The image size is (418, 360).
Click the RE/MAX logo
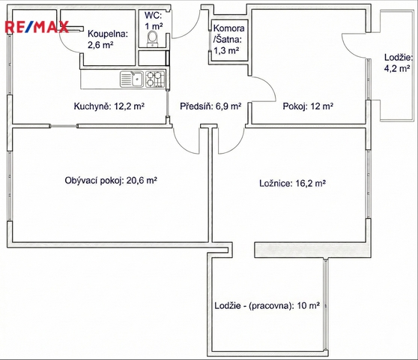[37, 27]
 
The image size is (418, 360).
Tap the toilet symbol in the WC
[153, 39]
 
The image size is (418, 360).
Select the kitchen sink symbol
[132, 79]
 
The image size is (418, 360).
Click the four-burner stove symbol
[155, 79]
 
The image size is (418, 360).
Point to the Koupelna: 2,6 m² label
[108, 39]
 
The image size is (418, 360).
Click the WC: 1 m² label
[154, 20]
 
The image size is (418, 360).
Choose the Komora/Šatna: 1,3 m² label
[228, 39]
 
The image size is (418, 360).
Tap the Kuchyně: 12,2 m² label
[109, 106]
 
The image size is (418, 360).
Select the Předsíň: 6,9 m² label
[210, 106]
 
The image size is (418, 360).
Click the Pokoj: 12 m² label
[308, 106]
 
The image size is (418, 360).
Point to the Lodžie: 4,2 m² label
[399, 63]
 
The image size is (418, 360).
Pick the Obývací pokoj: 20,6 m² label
[111, 181]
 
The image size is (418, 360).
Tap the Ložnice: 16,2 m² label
[293, 183]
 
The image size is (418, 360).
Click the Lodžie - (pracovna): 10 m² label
[267, 305]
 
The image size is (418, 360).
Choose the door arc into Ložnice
[236, 146]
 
